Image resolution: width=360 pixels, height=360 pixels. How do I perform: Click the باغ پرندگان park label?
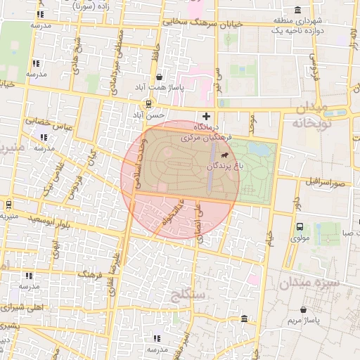coord(224,166)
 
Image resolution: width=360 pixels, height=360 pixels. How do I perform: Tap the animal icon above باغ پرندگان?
coord(224,155)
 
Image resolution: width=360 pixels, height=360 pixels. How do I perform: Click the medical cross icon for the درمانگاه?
coord(206,115)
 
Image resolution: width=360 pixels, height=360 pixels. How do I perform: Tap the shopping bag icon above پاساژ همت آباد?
coord(160,77)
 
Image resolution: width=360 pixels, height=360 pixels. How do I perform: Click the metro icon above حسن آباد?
coord(148,104)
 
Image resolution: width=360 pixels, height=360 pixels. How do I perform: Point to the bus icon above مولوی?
coord(300,227)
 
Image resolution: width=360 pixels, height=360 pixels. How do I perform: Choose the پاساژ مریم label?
coord(303,320)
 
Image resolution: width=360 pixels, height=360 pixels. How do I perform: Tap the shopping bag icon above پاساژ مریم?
coord(303,309)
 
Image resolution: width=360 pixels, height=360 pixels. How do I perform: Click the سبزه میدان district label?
coord(309,283)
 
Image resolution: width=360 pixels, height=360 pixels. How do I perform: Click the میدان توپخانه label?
coord(311,115)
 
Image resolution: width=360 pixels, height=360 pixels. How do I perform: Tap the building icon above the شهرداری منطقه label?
coord(299,11)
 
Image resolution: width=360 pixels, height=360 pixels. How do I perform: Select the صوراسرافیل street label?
coord(326,182)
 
